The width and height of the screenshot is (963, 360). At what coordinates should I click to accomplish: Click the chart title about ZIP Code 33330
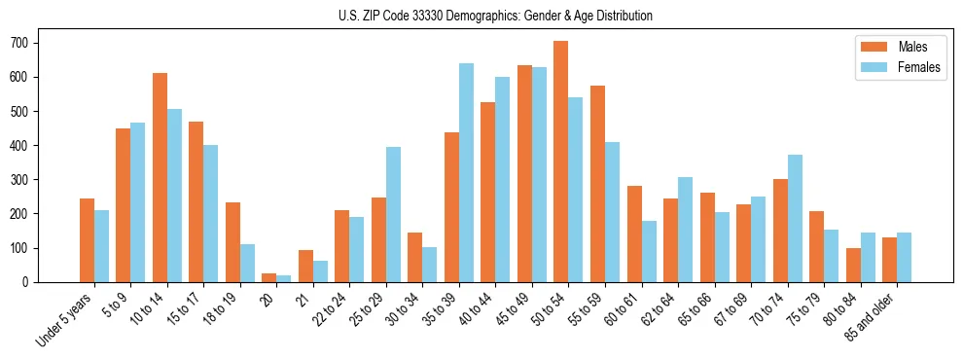click(x=481, y=16)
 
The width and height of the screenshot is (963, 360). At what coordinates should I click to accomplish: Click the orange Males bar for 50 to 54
click(x=561, y=162)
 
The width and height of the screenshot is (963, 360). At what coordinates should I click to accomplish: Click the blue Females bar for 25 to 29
click(x=393, y=214)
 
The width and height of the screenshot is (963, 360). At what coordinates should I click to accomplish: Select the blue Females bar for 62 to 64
click(x=685, y=230)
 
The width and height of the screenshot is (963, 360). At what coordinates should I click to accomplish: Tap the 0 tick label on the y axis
click(x=32, y=282)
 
